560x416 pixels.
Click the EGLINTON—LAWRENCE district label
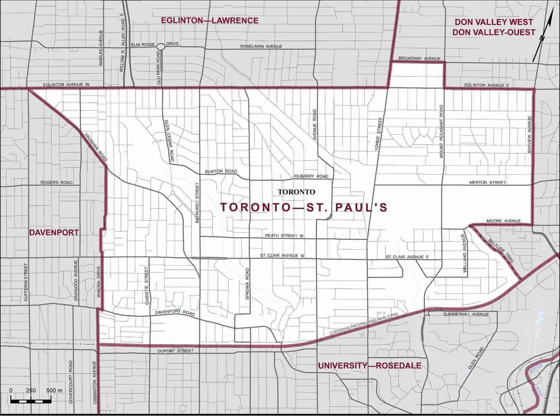point(209,21)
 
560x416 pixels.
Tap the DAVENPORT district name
point(54,233)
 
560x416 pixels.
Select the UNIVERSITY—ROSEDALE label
point(370,366)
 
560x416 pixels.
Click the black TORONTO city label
point(296,192)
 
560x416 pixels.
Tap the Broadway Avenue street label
point(419,59)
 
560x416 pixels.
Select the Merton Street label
point(487,182)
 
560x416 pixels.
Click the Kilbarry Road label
point(311,176)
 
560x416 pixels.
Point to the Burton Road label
point(221,171)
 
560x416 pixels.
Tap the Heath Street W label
point(284,236)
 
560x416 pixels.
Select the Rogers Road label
point(56,183)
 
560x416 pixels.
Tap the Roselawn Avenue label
point(261,47)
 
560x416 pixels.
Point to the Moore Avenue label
point(503,221)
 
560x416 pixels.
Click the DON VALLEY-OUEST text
point(494,32)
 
